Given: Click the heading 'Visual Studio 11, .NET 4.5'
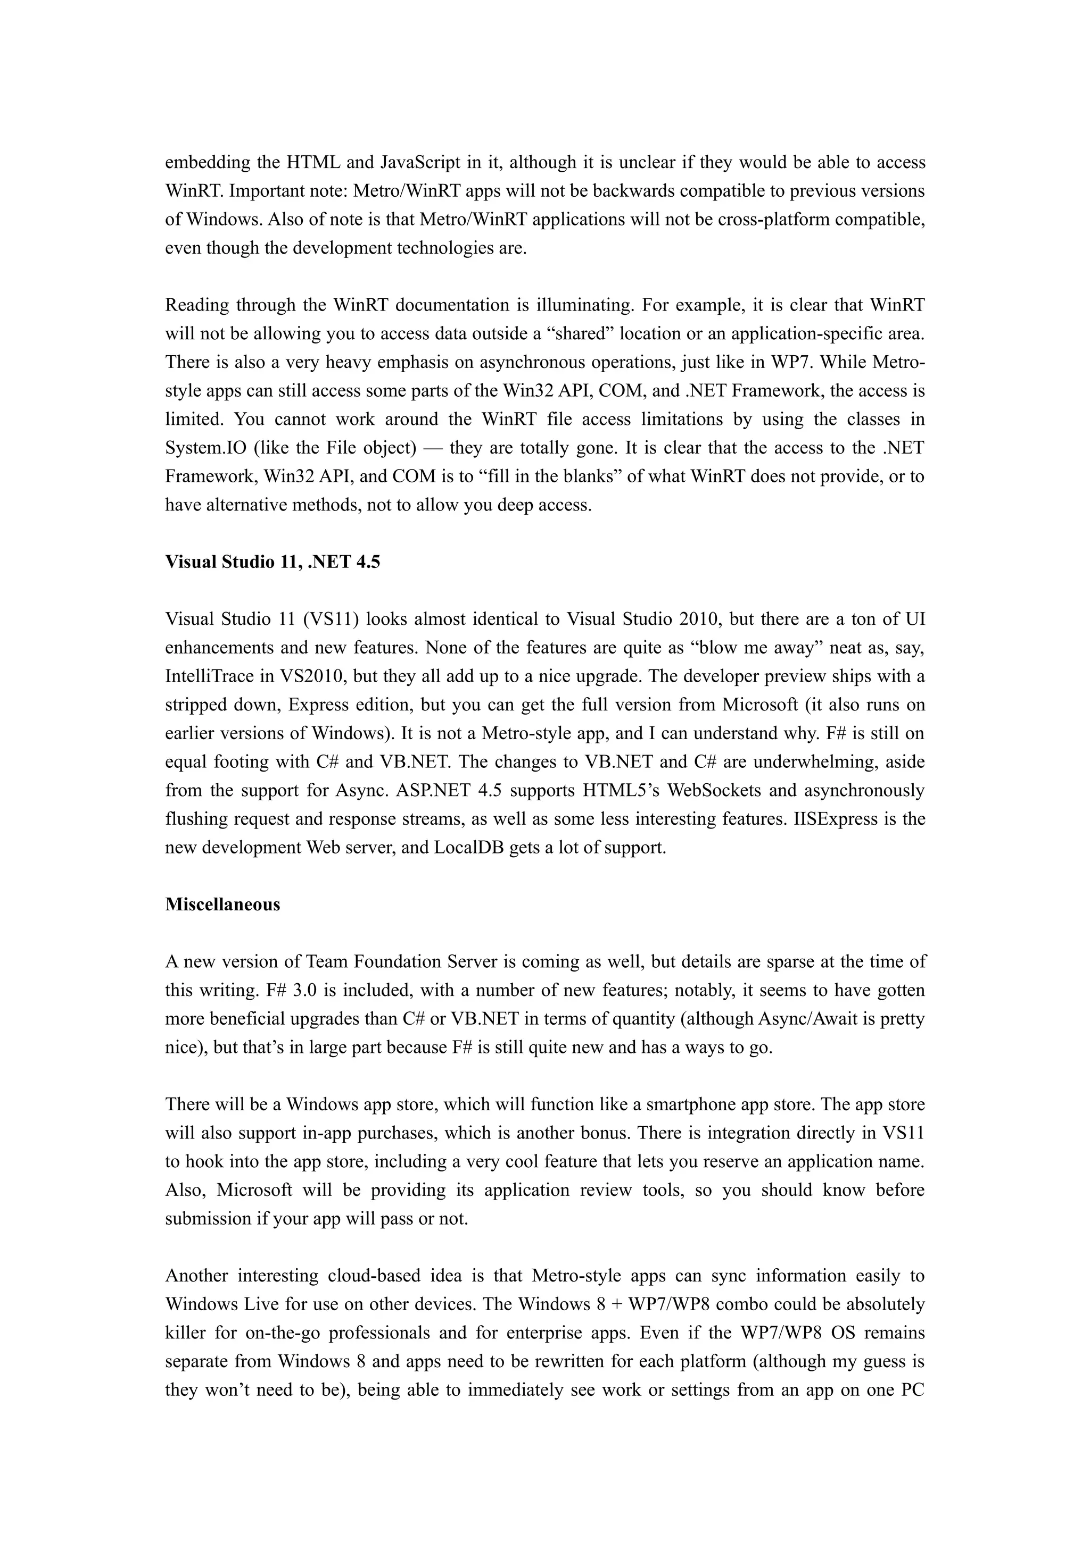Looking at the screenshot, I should tap(272, 562).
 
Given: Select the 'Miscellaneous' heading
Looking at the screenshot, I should tap(222, 904).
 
